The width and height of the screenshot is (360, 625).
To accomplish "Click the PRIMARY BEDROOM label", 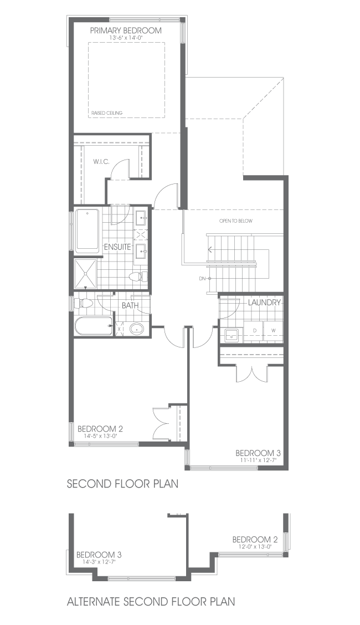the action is click(125, 30).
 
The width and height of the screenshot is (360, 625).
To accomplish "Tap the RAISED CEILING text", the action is click(107, 113).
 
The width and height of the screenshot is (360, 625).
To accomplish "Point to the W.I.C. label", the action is click(101, 161).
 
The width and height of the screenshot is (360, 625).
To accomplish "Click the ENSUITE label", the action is click(117, 247).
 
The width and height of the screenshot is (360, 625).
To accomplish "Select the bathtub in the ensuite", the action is click(87, 230).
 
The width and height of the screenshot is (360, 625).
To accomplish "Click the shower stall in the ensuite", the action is click(86, 274).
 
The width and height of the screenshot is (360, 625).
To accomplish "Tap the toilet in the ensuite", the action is click(138, 276).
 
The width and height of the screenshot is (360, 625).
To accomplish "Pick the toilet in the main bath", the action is click(83, 303).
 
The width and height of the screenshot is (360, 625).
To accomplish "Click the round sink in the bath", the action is click(137, 329).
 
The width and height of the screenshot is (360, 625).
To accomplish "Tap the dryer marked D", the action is click(255, 330).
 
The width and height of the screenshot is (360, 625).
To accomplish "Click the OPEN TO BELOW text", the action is click(236, 221).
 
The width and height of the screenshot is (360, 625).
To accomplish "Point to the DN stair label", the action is click(202, 279).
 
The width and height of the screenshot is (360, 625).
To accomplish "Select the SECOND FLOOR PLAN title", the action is click(122, 484).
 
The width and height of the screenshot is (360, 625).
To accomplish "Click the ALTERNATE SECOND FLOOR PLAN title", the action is click(151, 601).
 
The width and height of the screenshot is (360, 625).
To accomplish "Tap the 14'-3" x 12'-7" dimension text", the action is click(99, 562).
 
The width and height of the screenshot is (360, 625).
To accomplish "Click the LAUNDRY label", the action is click(264, 303).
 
